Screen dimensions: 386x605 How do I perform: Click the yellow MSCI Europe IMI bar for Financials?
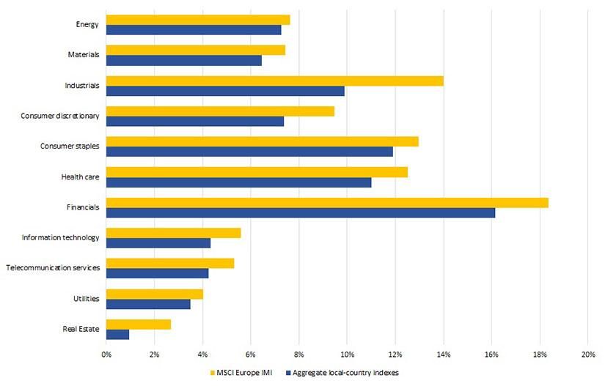327,203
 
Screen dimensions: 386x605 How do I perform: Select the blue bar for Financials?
301,213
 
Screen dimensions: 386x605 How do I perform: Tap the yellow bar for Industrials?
274,81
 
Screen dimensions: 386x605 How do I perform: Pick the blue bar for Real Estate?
117,334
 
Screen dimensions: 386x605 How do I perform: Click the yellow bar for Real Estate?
139,324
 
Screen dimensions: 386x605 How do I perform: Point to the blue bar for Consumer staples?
249,152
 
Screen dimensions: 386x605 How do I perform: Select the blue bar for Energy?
194,30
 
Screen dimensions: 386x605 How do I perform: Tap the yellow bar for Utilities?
154,294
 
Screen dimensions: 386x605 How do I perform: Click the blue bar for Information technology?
158,243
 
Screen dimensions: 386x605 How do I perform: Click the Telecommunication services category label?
53,268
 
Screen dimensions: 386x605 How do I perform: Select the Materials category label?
83,55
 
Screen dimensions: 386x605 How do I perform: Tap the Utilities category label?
87,299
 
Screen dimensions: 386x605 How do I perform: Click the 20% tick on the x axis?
587,355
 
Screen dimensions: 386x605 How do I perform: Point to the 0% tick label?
106,355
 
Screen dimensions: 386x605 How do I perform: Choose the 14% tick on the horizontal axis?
443,355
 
